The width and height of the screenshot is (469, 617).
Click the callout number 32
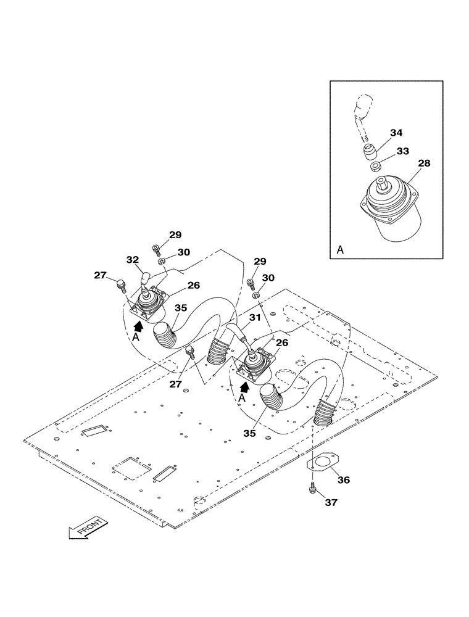tap(132, 260)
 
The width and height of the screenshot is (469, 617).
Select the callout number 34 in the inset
tap(396, 133)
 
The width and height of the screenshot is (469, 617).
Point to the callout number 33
tap(402, 151)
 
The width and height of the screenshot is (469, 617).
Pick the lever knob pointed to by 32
tap(145, 281)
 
